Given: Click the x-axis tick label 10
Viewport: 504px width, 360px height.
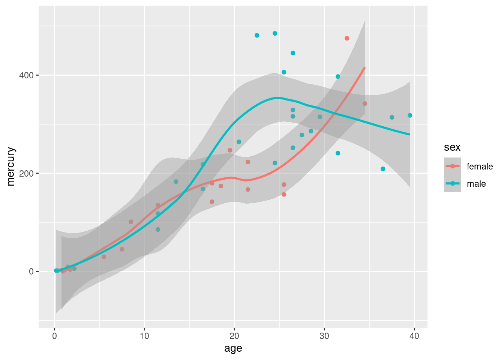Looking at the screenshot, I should click(x=144, y=336).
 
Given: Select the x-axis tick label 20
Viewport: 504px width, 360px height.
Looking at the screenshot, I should click(x=234, y=336).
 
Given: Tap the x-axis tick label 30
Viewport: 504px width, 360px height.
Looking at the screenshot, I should click(x=324, y=336).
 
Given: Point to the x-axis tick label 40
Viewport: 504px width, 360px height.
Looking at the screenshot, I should click(x=414, y=336).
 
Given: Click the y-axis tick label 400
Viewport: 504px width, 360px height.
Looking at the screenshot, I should click(x=27, y=75).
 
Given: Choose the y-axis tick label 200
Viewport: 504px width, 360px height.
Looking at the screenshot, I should click(x=27, y=174).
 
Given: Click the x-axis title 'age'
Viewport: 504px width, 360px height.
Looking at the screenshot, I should click(x=233, y=349).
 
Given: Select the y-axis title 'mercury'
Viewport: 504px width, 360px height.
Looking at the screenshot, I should click(x=11, y=166).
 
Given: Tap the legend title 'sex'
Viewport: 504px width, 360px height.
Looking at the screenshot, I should click(x=452, y=147).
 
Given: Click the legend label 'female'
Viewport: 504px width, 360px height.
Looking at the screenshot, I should click(x=480, y=166).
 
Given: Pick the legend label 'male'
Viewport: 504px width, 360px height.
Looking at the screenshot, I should click(x=476, y=184).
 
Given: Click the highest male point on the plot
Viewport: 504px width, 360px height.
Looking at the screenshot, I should click(x=275, y=33).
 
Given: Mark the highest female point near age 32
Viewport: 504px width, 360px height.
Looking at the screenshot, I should click(x=347, y=38).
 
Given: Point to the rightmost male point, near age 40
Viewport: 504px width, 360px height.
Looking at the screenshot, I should click(x=410, y=115).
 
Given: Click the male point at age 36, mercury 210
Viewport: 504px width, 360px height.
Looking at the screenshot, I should click(x=383, y=169).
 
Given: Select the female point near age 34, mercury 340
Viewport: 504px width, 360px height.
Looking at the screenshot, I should click(x=365, y=103).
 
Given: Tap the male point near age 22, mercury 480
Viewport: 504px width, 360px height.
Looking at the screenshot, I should click(x=257, y=35).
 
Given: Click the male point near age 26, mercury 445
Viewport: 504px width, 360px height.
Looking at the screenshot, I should click(x=293, y=53).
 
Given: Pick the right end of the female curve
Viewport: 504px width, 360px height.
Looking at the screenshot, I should click(x=365, y=67).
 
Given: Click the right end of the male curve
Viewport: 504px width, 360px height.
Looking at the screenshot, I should click(x=409, y=134).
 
